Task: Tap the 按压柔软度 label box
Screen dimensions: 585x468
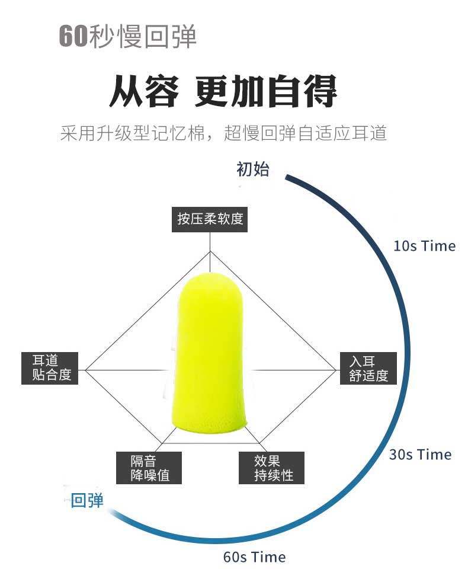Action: point(210,219)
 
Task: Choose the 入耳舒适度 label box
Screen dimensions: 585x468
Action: point(368,368)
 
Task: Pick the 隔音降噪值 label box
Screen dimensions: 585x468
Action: point(149,468)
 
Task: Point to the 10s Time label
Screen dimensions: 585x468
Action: point(424,246)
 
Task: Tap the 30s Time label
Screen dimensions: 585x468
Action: point(420,455)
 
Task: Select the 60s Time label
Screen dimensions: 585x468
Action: point(254,557)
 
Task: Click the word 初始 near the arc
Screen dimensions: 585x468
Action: point(253,170)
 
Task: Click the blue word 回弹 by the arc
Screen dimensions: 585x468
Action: point(87,501)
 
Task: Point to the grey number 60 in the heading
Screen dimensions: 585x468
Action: point(73,37)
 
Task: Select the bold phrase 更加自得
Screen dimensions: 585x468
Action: point(266,91)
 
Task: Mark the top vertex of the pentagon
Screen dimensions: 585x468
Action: point(210,251)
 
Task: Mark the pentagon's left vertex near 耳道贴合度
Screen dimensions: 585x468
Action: point(85,370)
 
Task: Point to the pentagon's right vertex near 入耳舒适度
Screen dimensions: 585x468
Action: point(335,370)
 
